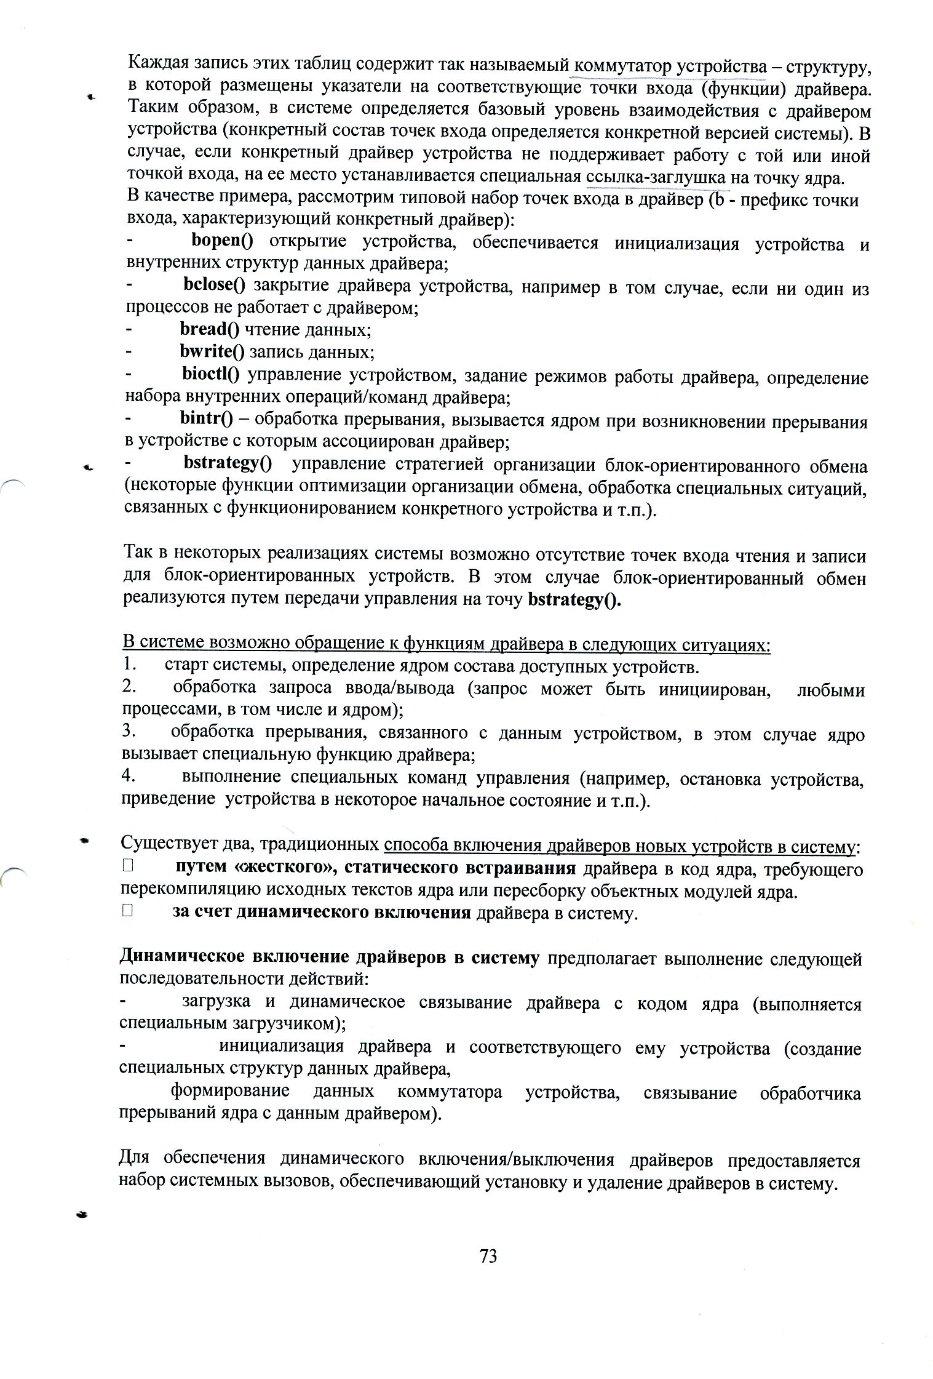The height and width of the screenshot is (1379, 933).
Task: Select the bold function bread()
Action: pos(210,329)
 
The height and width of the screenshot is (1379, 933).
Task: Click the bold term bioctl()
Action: pos(211,374)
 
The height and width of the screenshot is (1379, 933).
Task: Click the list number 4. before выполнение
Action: pos(129,777)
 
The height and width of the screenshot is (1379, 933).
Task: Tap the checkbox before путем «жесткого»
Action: pos(128,867)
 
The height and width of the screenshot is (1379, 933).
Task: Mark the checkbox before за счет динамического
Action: pos(128,912)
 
